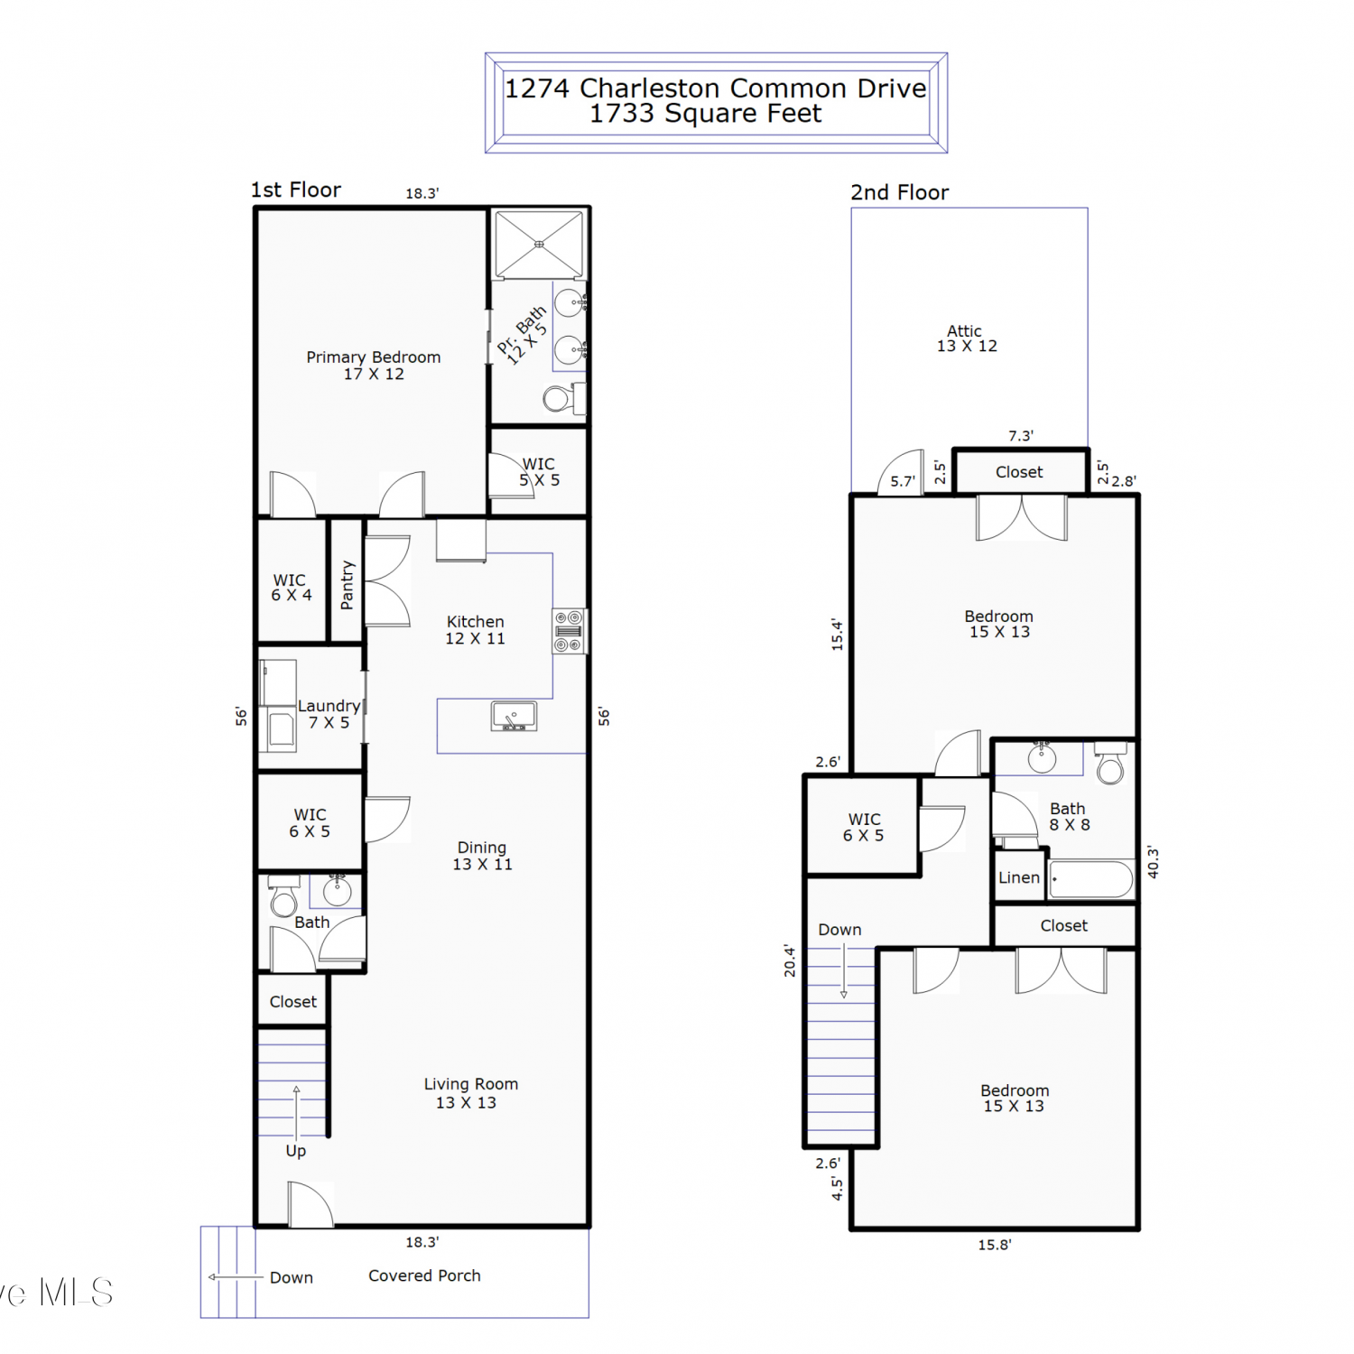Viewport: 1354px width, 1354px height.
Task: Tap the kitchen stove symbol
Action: pyautogui.click(x=569, y=631)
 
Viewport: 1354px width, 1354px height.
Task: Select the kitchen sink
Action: pyautogui.click(x=514, y=716)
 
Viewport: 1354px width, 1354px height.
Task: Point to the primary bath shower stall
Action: pyautogui.click(x=539, y=244)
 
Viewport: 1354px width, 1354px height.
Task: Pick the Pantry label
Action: pyautogui.click(x=347, y=585)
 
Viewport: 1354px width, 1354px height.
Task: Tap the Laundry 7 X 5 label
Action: pyautogui.click(x=329, y=714)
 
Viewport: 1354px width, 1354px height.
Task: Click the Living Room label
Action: pyautogui.click(x=471, y=1084)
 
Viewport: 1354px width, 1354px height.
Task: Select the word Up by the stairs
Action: pyautogui.click(x=296, y=1151)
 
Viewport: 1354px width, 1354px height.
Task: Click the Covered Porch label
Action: pyautogui.click(x=424, y=1275)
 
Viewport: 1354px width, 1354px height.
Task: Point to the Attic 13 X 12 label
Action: pyautogui.click(x=967, y=338)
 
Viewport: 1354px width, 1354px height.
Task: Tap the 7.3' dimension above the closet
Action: pyautogui.click(x=1021, y=436)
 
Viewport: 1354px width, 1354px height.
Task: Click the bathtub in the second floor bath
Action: pyautogui.click(x=1091, y=879)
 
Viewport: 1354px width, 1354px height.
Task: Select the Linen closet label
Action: pyautogui.click(x=1019, y=877)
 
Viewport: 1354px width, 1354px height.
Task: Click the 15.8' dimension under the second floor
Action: pyautogui.click(x=995, y=1245)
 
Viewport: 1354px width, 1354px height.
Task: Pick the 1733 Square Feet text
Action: pyautogui.click(x=706, y=114)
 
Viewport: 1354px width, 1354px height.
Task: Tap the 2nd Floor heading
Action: pyautogui.click(x=900, y=192)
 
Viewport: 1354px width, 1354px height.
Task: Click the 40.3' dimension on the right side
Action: pyautogui.click(x=1153, y=862)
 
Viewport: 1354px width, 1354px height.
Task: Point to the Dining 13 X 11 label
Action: pyautogui.click(x=482, y=856)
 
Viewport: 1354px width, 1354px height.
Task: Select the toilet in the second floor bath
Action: pyautogui.click(x=1110, y=763)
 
